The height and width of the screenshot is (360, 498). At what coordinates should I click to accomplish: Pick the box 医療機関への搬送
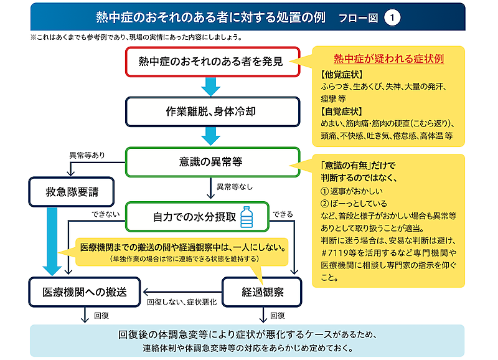[x=85, y=291]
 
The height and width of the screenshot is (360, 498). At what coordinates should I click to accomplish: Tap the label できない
[x=104, y=214]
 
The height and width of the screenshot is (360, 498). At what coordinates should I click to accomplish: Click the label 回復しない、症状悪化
[x=181, y=301]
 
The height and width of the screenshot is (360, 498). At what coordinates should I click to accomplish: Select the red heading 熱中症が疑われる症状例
[x=388, y=60]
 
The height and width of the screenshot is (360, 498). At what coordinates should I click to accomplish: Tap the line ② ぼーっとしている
[x=354, y=203]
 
